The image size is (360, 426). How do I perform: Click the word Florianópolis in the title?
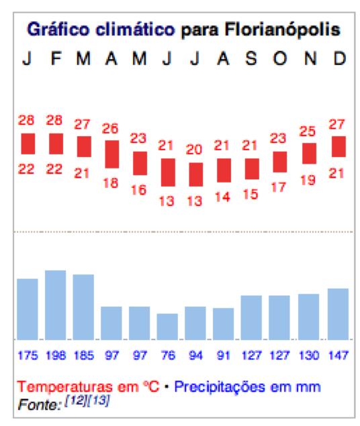click(282, 30)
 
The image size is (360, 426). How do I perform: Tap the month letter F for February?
click(56, 58)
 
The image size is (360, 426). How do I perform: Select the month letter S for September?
click(251, 58)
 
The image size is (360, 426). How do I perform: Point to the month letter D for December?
click(340, 58)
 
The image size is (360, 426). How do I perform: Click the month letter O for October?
click(280, 58)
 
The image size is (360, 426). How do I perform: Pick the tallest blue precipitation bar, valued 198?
click(56, 305)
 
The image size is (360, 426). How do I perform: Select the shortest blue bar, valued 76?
click(167, 327)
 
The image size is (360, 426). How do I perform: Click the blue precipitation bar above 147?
click(338, 314)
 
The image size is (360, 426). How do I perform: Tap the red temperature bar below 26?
click(112, 154)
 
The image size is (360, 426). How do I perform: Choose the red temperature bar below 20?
click(196, 174)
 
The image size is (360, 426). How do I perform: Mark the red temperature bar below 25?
click(309, 154)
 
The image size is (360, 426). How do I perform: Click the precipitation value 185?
click(84, 356)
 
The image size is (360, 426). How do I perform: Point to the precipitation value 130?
click(308, 356)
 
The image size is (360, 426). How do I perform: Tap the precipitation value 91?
click(223, 356)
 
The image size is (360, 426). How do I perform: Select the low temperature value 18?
click(110, 183)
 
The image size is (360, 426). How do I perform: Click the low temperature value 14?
click(222, 197)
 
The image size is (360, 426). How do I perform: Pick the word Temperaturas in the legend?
click(64, 386)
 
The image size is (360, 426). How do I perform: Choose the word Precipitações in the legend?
click(220, 387)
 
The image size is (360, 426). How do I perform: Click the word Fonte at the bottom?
click(40, 405)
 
